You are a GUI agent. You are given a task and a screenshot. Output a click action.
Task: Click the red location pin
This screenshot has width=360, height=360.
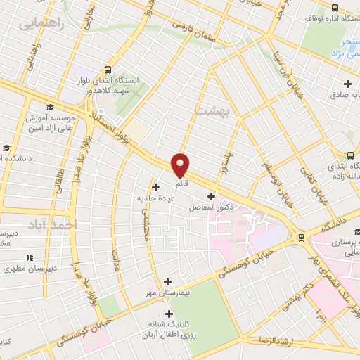181,165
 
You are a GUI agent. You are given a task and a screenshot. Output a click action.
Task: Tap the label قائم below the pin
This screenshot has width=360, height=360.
181,182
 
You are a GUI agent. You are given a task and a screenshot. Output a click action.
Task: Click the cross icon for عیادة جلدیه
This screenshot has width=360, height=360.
155,187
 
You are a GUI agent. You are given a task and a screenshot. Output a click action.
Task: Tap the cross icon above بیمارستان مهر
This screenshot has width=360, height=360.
167,281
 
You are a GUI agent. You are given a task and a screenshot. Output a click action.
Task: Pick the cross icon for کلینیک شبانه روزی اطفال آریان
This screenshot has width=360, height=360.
167,313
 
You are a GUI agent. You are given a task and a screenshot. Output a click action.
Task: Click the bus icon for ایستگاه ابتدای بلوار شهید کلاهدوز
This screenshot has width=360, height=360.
108,70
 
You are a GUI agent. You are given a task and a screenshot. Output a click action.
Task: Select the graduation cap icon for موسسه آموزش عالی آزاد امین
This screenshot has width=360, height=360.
50,107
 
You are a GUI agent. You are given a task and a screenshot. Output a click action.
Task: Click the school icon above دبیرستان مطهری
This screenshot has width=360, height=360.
30,257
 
